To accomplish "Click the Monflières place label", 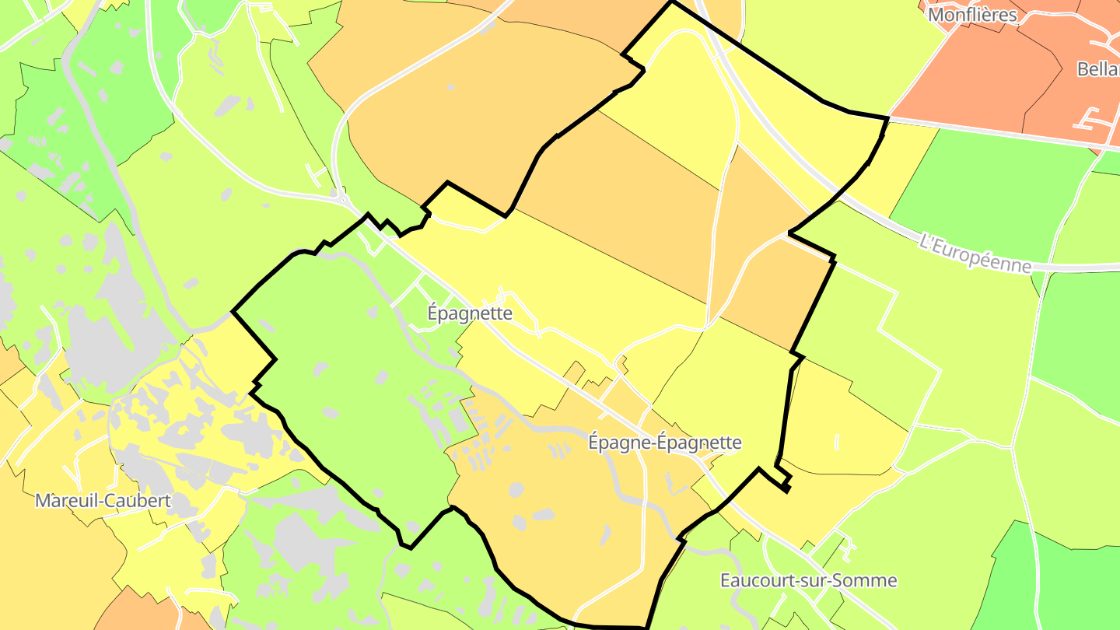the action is pos(972,15).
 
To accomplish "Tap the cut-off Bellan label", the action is pos(1097,69).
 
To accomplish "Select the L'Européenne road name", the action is pos(975,253).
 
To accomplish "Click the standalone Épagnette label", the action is pos(470,313).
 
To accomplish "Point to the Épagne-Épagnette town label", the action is pos(664,443).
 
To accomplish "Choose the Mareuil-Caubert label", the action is pos(103,500).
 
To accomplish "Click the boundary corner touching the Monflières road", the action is pos(887,118).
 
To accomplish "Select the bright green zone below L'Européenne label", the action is pos(1081,334).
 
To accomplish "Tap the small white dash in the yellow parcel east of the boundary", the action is pos(837,443).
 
